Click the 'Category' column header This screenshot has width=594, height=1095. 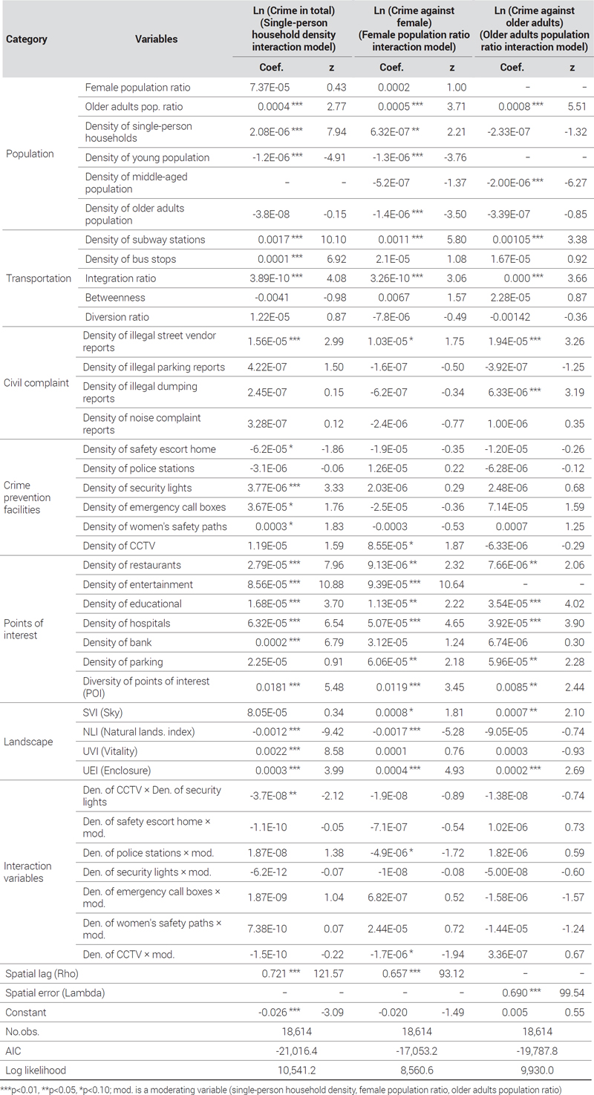click(27, 39)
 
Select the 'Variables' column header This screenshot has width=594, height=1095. click(157, 39)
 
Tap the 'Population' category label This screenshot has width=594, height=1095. click(30, 154)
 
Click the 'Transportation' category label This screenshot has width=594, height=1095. click(39, 278)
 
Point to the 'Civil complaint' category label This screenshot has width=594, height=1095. click(36, 383)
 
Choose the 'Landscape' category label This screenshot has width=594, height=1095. click(28, 742)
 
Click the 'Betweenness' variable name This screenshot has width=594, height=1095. click(115, 297)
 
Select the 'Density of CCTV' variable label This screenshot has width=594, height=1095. click(119, 546)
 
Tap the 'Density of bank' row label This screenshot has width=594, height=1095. click(117, 642)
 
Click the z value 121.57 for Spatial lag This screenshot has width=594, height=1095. click(328, 973)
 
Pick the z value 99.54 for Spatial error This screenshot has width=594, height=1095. click(572, 993)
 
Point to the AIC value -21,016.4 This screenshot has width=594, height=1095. click(296, 1051)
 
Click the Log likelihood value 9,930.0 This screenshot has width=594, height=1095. click(538, 1070)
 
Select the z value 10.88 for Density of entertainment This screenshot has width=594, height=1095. click(332, 584)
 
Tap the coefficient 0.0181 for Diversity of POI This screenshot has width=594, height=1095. click(271, 687)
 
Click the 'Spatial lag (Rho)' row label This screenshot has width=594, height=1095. click(42, 973)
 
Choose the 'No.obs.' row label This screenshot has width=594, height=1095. click(22, 1031)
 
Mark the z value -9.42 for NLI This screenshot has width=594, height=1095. click(333, 732)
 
